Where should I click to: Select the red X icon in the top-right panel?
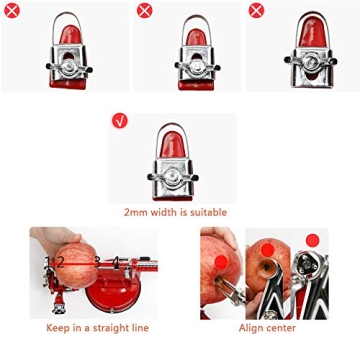click(256, 11)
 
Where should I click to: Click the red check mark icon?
click(120, 121)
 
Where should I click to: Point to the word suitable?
click(208, 212)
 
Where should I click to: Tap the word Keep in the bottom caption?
click(59, 327)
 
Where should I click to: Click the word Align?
click(250, 327)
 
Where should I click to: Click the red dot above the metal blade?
click(312, 241)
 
